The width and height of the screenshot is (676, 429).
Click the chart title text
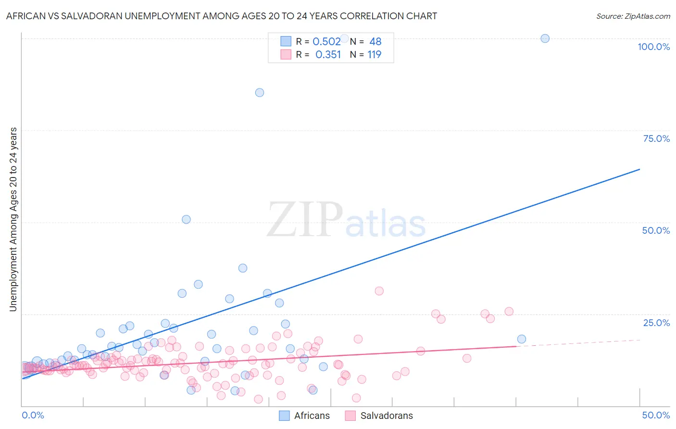(x=222, y=16)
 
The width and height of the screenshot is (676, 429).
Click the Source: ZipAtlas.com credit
(x=633, y=16)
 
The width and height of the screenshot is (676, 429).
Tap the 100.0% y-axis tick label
(x=653, y=47)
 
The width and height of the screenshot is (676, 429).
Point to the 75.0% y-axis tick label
(x=656, y=139)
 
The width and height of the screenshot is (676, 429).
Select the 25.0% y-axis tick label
(x=656, y=322)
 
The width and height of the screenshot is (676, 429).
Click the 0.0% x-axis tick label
(x=33, y=415)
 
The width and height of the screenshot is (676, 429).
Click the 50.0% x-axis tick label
(x=656, y=415)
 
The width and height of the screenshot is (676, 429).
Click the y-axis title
(x=13, y=219)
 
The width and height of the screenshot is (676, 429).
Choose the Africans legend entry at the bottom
(x=304, y=416)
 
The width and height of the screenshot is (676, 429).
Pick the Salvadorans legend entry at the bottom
(x=379, y=416)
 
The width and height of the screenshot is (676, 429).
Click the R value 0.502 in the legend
(x=326, y=42)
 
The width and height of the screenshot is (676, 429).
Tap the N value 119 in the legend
(x=374, y=55)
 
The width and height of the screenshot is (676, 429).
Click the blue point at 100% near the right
(x=545, y=38)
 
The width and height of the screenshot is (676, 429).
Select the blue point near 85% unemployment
(x=260, y=92)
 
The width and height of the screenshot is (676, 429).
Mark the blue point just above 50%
(x=186, y=219)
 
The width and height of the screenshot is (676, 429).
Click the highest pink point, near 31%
(x=379, y=291)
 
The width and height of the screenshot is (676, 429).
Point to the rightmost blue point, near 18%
(x=522, y=339)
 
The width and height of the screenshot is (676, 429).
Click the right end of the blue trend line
(x=639, y=169)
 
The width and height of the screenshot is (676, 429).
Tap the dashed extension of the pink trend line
(x=577, y=343)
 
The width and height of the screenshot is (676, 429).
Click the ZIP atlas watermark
(x=346, y=220)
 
